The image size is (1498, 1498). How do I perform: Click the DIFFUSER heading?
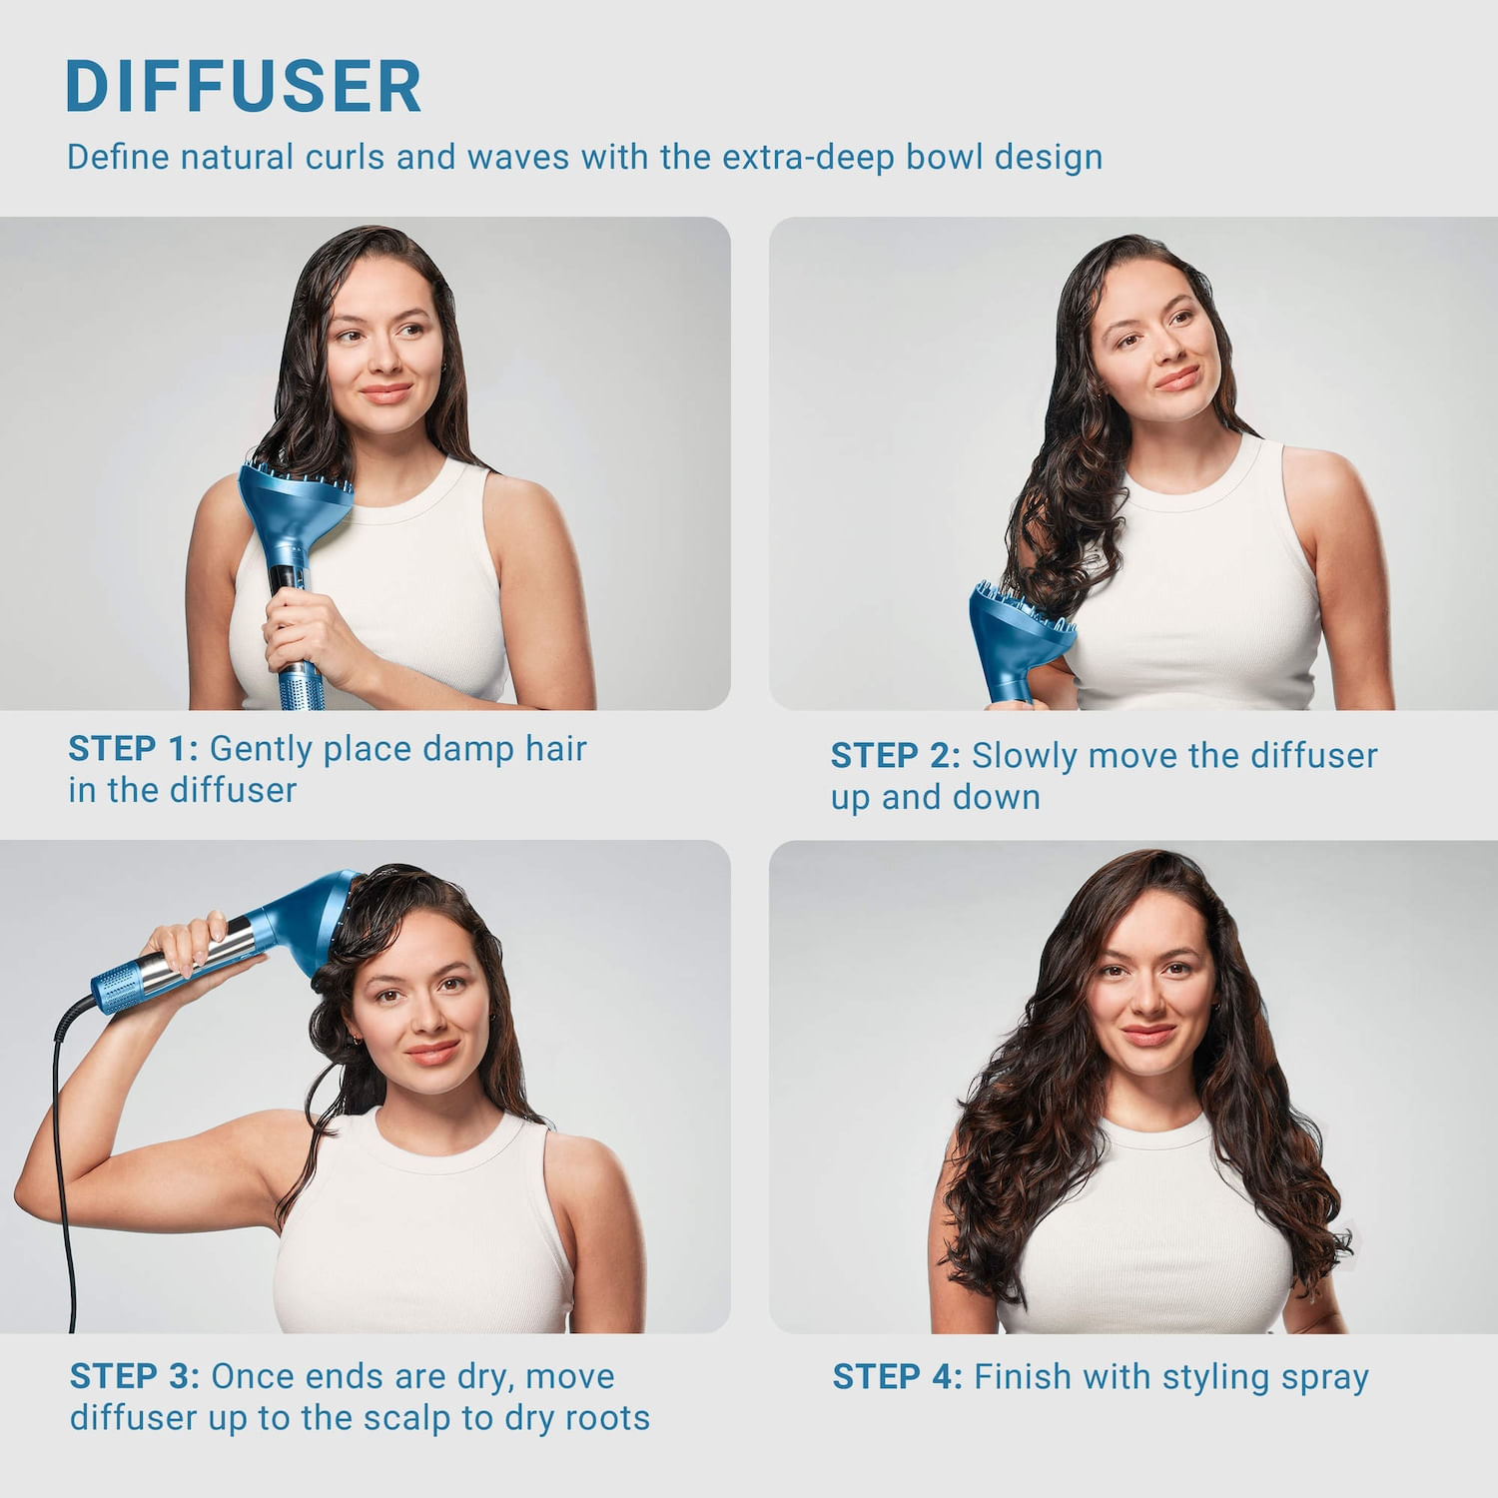click(x=243, y=87)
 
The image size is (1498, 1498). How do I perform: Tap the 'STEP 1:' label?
click(x=133, y=748)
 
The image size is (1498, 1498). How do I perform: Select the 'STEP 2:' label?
click(x=895, y=756)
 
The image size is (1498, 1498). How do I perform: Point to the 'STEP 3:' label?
click(x=134, y=1376)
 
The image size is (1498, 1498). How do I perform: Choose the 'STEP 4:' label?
click(x=897, y=1377)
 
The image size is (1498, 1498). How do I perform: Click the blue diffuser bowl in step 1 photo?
click(x=296, y=499)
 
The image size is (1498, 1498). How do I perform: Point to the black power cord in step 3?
click(x=62, y=1148)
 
